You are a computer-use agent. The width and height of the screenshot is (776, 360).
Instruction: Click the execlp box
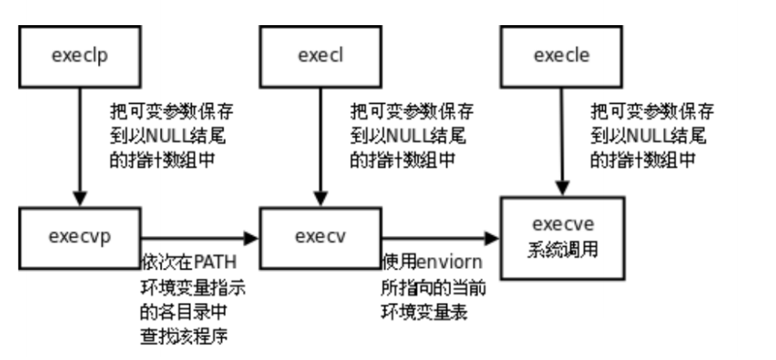point(80,56)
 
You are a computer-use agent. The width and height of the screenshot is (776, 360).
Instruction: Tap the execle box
point(561,56)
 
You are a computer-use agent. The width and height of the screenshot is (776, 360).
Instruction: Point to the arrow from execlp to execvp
point(80,147)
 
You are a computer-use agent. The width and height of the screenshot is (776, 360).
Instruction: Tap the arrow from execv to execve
point(440,237)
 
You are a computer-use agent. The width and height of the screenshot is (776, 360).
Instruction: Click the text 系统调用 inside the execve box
point(562,249)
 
